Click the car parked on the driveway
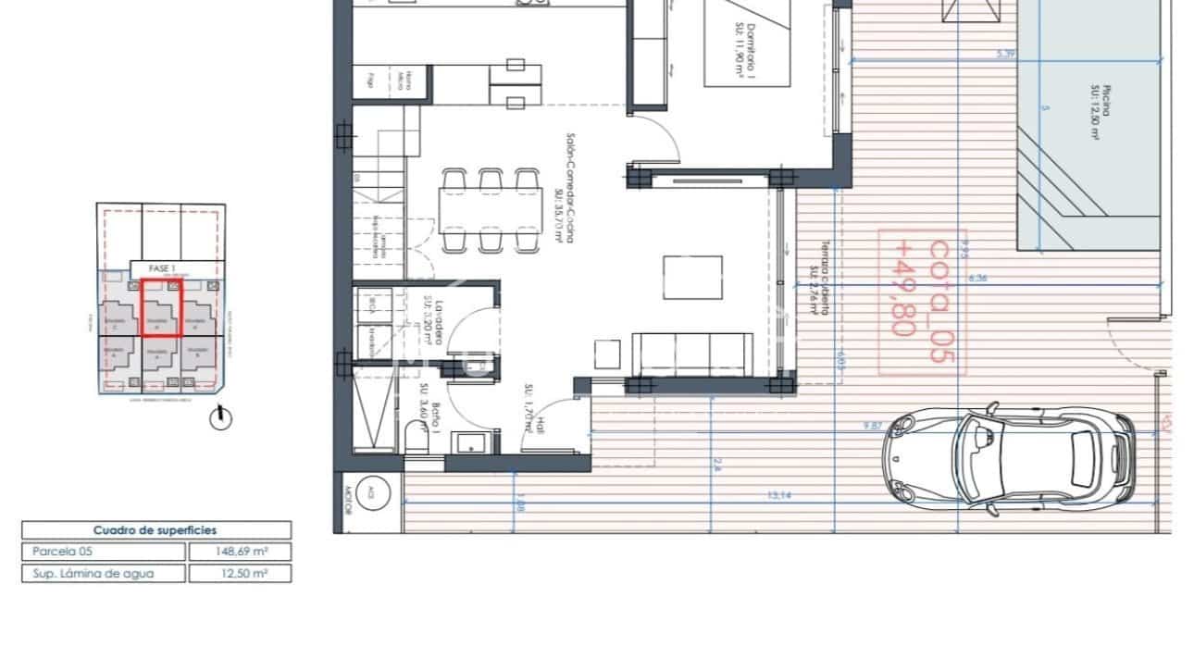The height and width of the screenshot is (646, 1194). point(1010,457)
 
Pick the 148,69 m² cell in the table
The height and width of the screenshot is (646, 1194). point(240,552)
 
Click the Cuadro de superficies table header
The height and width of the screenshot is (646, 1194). point(155,530)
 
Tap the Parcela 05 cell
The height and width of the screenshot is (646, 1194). point(104,552)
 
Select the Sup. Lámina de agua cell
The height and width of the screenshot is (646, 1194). point(104,573)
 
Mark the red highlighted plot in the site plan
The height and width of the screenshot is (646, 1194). point(160,307)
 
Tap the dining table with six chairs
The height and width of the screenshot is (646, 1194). point(491,211)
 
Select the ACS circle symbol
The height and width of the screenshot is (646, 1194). point(370,491)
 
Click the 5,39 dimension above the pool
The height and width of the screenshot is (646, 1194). point(1006,54)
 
